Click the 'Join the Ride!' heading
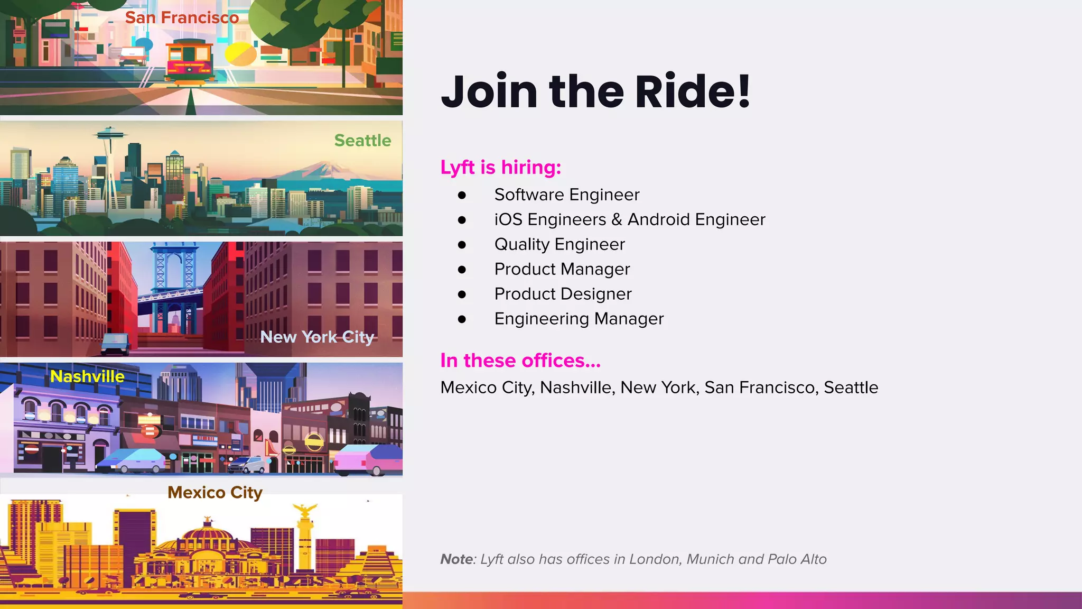[595, 91]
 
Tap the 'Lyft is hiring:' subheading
[500, 167]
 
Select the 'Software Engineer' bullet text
[566, 195]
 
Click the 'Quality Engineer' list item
[559, 244]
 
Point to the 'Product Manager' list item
[562, 269]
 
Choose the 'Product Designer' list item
[563, 294]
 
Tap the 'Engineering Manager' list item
[579, 319]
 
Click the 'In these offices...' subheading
[520, 361]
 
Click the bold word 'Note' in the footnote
[456, 559]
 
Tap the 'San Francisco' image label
[182, 17]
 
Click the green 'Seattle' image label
[362, 141]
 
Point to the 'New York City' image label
[317, 337]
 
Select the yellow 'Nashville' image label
[87, 376]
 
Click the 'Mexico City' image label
[214, 493]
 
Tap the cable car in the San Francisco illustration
[190, 61]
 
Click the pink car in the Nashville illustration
[368, 459]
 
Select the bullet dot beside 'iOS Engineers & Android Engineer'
[462, 220]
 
